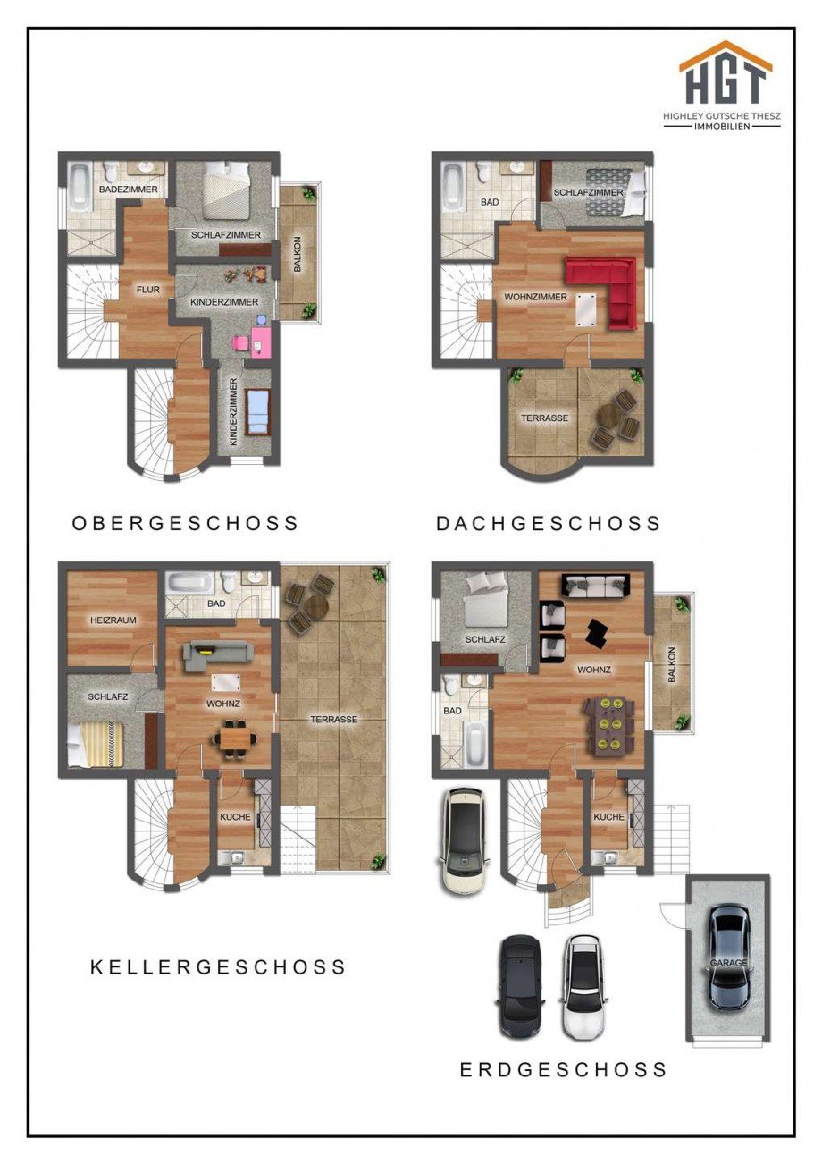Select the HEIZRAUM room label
click(x=111, y=620)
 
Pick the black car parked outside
click(x=520, y=985)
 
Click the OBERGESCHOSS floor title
click(x=186, y=523)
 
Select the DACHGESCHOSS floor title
click(x=549, y=523)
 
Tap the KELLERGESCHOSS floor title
click(x=218, y=966)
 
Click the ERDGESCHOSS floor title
click(x=563, y=1069)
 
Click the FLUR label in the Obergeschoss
click(x=147, y=290)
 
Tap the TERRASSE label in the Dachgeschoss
click(x=545, y=418)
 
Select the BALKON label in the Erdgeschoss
click(x=672, y=666)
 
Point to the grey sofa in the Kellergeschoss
click(x=212, y=655)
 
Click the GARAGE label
click(x=728, y=963)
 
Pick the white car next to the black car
click(x=583, y=985)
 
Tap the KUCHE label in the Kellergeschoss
click(x=236, y=817)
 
